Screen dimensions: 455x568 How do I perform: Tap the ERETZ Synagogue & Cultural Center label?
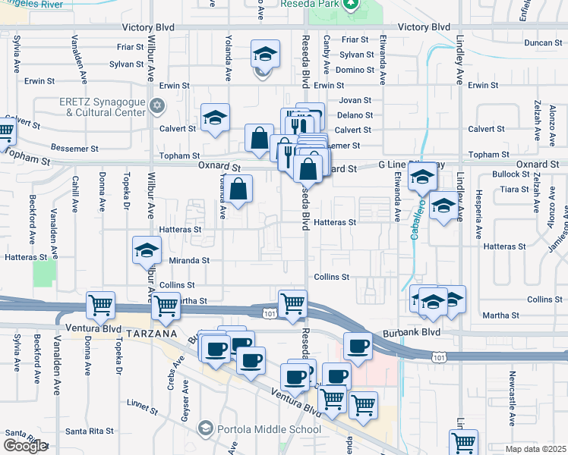point(102,107)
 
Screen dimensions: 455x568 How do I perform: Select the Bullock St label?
point(510,174)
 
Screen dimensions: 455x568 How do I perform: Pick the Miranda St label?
point(188,260)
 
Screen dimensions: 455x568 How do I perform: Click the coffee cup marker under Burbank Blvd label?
point(358,345)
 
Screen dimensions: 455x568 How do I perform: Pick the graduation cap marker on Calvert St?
point(215,118)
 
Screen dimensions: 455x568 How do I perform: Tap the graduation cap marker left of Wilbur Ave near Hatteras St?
point(147,250)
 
